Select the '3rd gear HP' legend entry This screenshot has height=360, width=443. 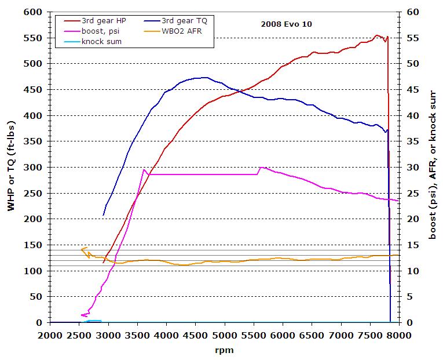pyautogui.click(x=104, y=20)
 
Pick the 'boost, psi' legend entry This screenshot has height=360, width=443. pyautogui.click(x=101, y=31)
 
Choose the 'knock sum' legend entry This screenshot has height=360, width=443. pyautogui.click(x=100, y=41)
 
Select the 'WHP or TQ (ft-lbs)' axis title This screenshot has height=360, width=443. pyautogui.click(x=11, y=167)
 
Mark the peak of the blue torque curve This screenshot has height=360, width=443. pyautogui.click(x=203, y=77)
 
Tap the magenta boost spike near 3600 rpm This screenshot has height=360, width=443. pyautogui.click(x=144, y=169)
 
